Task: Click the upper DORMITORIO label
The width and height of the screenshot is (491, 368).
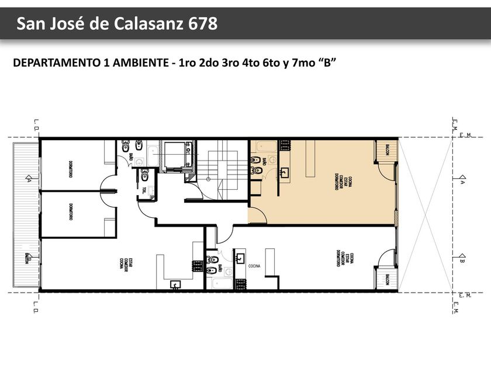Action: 70,169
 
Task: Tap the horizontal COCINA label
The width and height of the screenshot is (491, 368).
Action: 254,266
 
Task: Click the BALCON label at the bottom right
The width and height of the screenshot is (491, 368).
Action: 386,281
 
